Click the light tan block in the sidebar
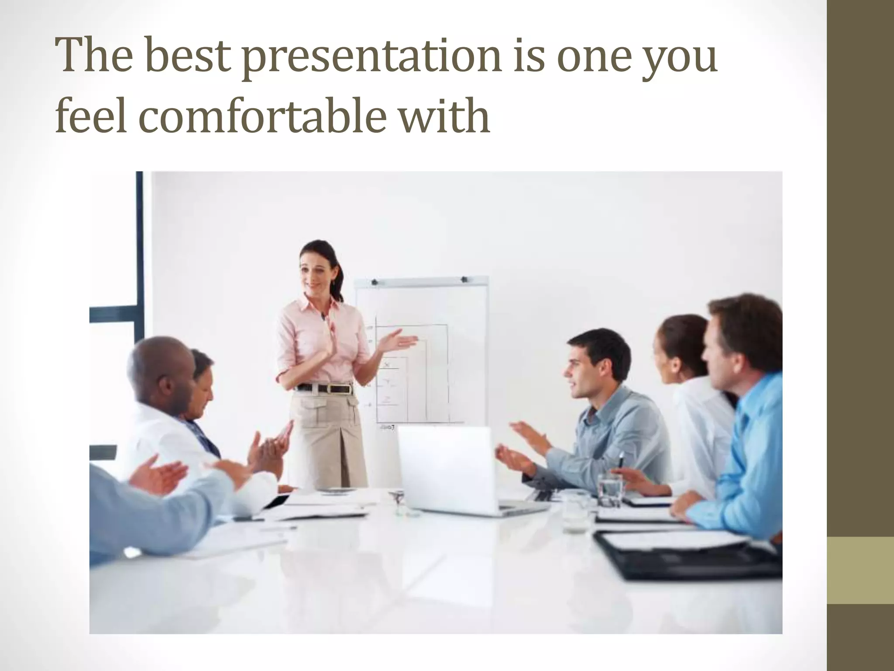click(860, 570)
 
